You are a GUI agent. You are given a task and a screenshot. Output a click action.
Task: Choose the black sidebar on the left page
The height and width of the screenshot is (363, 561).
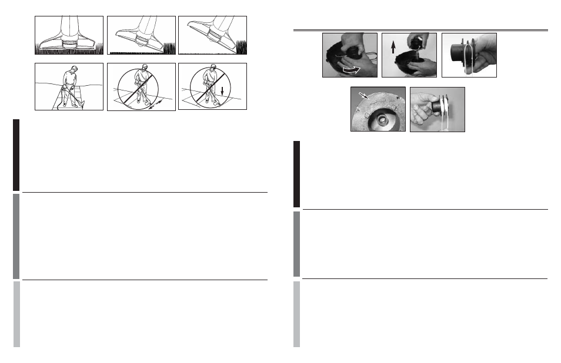click(x=16, y=155)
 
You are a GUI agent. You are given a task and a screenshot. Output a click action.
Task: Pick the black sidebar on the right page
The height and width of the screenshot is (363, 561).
click(x=297, y=174)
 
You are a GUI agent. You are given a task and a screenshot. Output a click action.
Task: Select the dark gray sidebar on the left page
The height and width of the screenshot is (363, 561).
click(x=16, y=236)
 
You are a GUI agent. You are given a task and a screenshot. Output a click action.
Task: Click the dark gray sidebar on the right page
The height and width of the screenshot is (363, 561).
click(x=297, y=243)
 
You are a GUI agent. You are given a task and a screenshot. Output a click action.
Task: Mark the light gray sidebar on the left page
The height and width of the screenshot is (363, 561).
click(x=16, y=314)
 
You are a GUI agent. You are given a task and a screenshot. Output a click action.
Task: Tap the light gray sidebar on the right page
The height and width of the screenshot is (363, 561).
click(x=297, y=314)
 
